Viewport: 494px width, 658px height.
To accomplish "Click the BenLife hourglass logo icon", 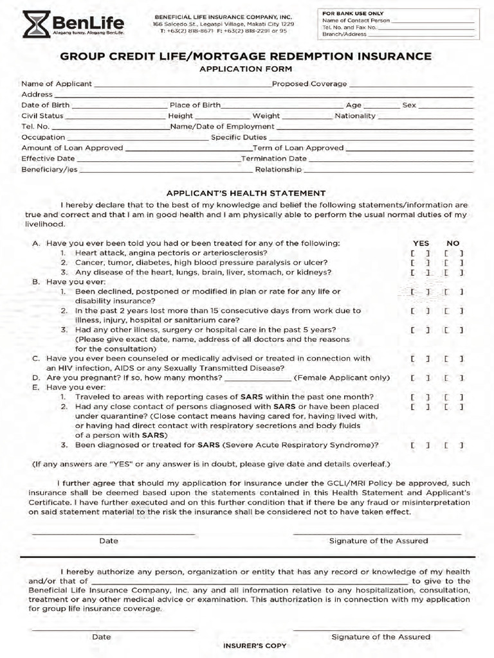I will point(35,24).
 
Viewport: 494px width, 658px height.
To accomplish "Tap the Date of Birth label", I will point(46,105).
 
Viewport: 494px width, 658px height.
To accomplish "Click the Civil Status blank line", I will point(116,117).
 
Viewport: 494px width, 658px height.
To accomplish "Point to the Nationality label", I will point(355,116).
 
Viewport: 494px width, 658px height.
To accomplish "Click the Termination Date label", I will point(273,158).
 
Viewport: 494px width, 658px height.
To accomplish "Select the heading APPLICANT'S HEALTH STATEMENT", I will point(246,193).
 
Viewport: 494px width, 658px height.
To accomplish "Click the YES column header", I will point(421,244).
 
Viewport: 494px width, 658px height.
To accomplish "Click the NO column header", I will point(453,244).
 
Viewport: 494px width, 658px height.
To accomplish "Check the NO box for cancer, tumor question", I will point(453,263).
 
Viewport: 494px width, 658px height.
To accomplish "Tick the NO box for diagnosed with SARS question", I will point(453,445).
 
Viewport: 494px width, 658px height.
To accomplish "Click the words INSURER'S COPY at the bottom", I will point(255,645).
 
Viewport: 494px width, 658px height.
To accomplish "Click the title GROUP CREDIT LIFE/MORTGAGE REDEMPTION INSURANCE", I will point(246,57).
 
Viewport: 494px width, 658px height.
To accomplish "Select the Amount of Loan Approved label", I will point(72,148).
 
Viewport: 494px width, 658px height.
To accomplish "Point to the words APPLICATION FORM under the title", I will point(246,69).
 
